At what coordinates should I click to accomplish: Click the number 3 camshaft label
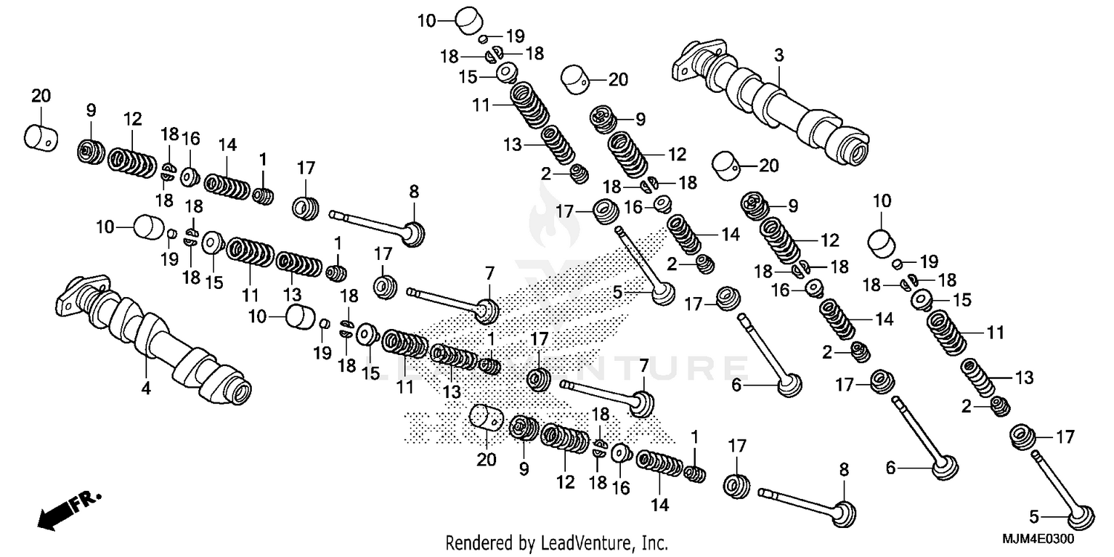pos(778,55)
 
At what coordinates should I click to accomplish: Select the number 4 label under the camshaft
pos(146,388)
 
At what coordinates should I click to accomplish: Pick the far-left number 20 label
pos(41,94)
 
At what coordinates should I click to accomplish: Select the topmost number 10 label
pos(426,20)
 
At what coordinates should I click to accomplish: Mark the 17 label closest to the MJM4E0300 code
pos(1065,437)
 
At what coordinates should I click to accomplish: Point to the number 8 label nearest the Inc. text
pos(844,469)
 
